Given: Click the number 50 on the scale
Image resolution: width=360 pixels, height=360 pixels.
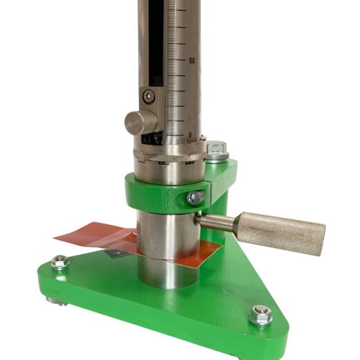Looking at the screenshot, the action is pos(192,61).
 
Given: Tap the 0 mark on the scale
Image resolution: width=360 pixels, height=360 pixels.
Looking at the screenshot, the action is pos(190,135).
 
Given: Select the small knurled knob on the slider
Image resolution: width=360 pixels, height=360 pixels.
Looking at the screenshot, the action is pos(141,122).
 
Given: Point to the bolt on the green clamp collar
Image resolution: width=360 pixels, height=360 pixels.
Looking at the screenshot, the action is pos(195,198).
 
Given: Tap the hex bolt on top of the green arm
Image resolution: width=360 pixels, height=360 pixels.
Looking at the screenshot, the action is pos(217,147).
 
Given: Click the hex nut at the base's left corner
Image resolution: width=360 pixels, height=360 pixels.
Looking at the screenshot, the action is pos(60,262).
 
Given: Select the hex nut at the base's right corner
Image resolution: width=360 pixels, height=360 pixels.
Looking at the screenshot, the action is pos(260,315).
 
